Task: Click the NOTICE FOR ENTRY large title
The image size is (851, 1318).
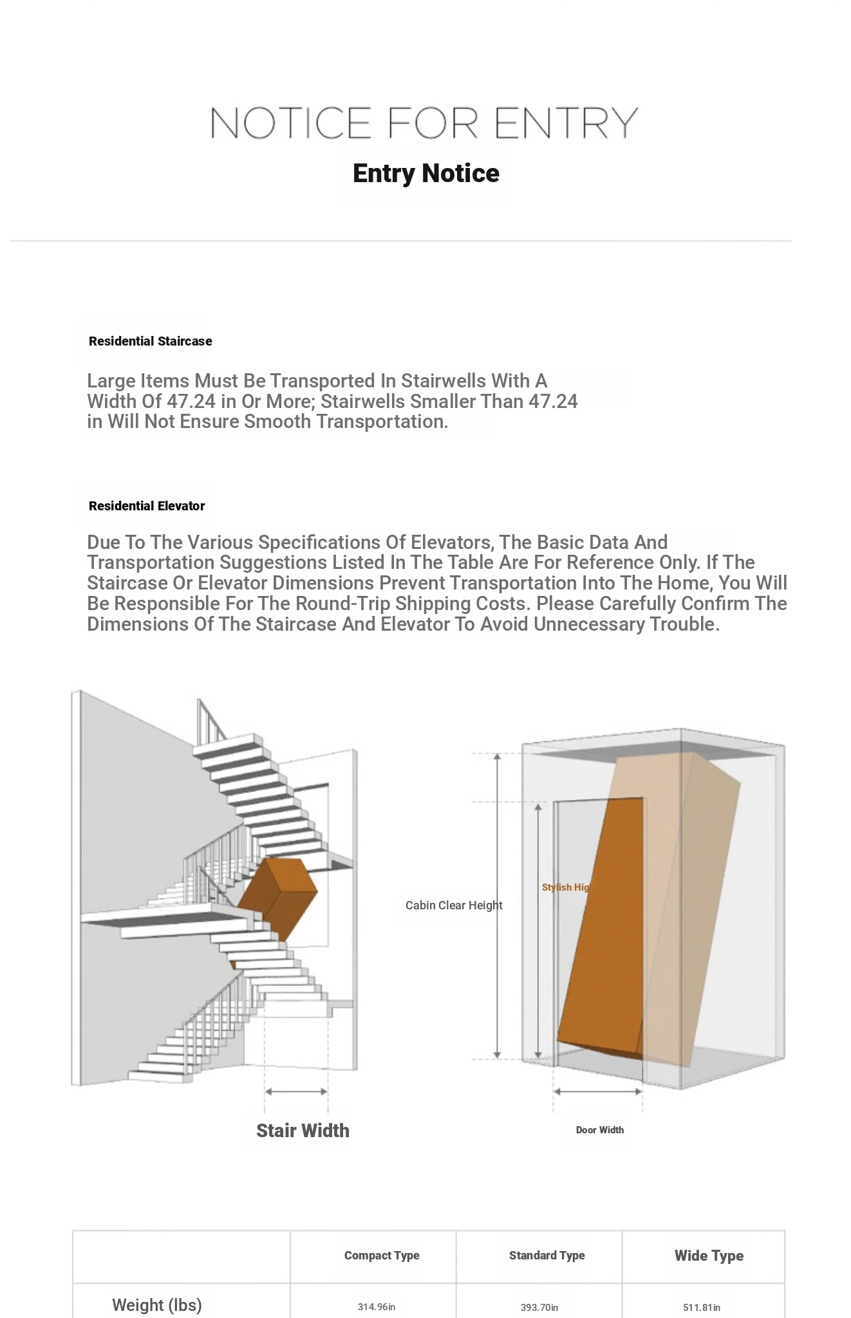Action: coord(424,123)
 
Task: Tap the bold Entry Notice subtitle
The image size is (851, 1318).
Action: coord(426,174)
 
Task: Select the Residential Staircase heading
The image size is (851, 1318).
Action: coord(150,341)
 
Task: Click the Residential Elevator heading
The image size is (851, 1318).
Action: coord(147,506)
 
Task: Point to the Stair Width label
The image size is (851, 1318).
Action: coord(303,1131)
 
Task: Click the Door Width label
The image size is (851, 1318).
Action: coord(599,1130)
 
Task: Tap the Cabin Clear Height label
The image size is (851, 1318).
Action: coord(454,905)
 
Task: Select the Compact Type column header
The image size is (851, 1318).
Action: coord(382,1256)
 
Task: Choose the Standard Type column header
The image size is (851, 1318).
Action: coord(547,1256)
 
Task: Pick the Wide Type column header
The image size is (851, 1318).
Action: coord(709,1256)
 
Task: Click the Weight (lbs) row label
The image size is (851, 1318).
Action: coord(156,1305)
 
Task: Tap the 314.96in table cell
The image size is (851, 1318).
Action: coord(377,1307)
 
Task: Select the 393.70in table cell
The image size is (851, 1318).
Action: coord(539,1308)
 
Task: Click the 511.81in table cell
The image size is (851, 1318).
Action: coord(702,1308)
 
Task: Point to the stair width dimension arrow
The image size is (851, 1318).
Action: coord(296,1091)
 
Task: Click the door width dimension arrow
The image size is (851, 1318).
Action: coord(597,1091)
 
